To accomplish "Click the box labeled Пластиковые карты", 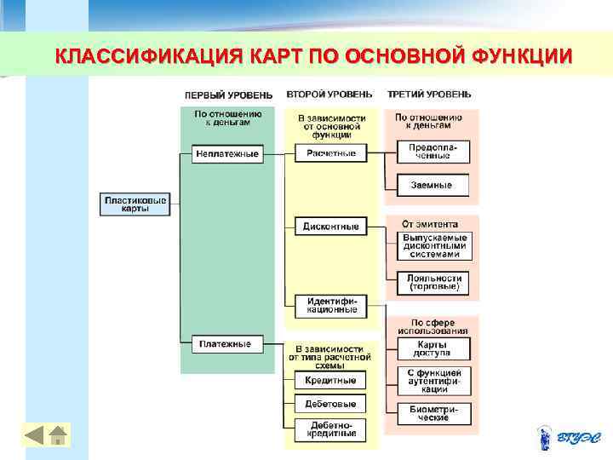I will tap(135, 204).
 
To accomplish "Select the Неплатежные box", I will tap(226, 154).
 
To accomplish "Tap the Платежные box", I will tap(226, 344).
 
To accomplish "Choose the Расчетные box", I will tap(331, 153).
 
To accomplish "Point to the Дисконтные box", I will tap(331, 227).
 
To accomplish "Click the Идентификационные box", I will tap(331, 305).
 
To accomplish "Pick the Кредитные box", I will tap(330, 380).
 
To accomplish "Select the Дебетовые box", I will tap(330, 404).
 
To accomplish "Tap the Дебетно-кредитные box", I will tap(330, 428).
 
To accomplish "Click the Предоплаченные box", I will tap(433, 152).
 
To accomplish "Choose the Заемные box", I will tap(433, 184).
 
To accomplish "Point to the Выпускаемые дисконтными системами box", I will tap(433, 245).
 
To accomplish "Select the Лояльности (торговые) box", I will tap(433, 283).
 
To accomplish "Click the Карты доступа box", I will tap(433, 348).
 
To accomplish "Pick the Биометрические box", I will tap(433, 414).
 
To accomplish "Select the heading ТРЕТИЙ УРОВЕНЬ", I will tap(429, 94).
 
